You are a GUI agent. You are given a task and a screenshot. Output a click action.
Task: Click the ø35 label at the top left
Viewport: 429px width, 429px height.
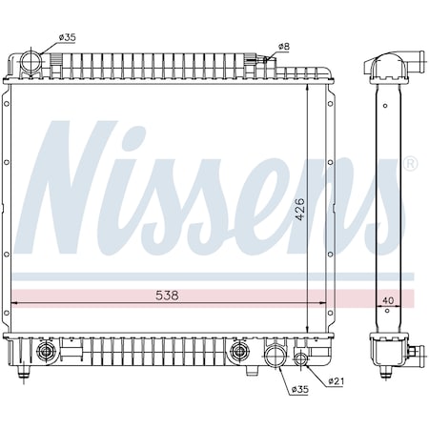[x=67, y=37]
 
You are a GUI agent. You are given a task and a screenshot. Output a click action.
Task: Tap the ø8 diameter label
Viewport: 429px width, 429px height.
[x=283, y=46]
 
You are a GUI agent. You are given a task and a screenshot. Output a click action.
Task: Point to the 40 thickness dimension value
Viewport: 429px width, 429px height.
[x=387, y=302]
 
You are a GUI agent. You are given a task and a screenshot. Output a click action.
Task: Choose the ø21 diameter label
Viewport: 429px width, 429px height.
[x=335, y=382]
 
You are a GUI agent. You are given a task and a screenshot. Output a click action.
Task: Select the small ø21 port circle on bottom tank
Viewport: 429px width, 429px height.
[x=302, y=359]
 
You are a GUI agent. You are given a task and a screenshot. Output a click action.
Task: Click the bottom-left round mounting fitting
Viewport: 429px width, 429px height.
[x=44, y=354]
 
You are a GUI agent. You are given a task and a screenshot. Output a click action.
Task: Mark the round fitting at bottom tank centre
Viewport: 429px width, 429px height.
[x=236, y=354]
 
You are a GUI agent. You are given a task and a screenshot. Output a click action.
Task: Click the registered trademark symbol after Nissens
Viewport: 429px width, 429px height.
[x=411, y=165]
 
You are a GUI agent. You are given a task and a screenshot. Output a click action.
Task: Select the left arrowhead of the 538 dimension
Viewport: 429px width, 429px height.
[x=11, y=304]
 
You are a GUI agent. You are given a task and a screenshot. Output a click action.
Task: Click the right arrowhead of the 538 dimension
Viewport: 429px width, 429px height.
[x=324, y=304]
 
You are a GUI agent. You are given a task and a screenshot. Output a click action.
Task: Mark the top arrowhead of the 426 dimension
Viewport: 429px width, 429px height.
[x=306, y=86]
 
